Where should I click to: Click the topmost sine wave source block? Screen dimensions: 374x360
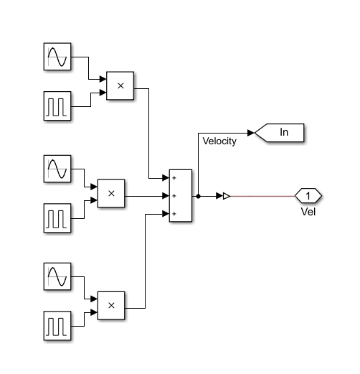[x=57, y=58]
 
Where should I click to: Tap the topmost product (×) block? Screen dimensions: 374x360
[x=120, y=85]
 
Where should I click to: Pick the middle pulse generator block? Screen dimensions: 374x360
[x=57, y=216]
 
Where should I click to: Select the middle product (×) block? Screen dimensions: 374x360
[x=110, y=193]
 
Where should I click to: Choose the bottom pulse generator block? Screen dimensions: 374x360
[x=57, y=324]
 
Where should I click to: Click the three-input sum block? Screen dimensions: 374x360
[x=181, y=195]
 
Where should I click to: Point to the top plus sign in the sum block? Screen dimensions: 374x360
[x=174, y=178]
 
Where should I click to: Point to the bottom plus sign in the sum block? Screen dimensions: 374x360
[x=174, y=213]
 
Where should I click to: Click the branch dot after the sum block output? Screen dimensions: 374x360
[x=198, y=195]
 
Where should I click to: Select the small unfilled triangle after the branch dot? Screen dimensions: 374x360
[x=226, y=195]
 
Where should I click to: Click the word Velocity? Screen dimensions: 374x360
[x=219, y=141]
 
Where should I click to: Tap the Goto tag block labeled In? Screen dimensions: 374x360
[x=280, y=132]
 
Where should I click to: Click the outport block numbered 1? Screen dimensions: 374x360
[x=308, y=195]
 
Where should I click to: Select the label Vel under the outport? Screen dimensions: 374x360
[x=308, y=212]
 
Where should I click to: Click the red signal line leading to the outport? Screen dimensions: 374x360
[x=262, y=195]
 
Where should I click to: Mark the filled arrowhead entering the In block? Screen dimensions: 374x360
[x=250, y=132]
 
